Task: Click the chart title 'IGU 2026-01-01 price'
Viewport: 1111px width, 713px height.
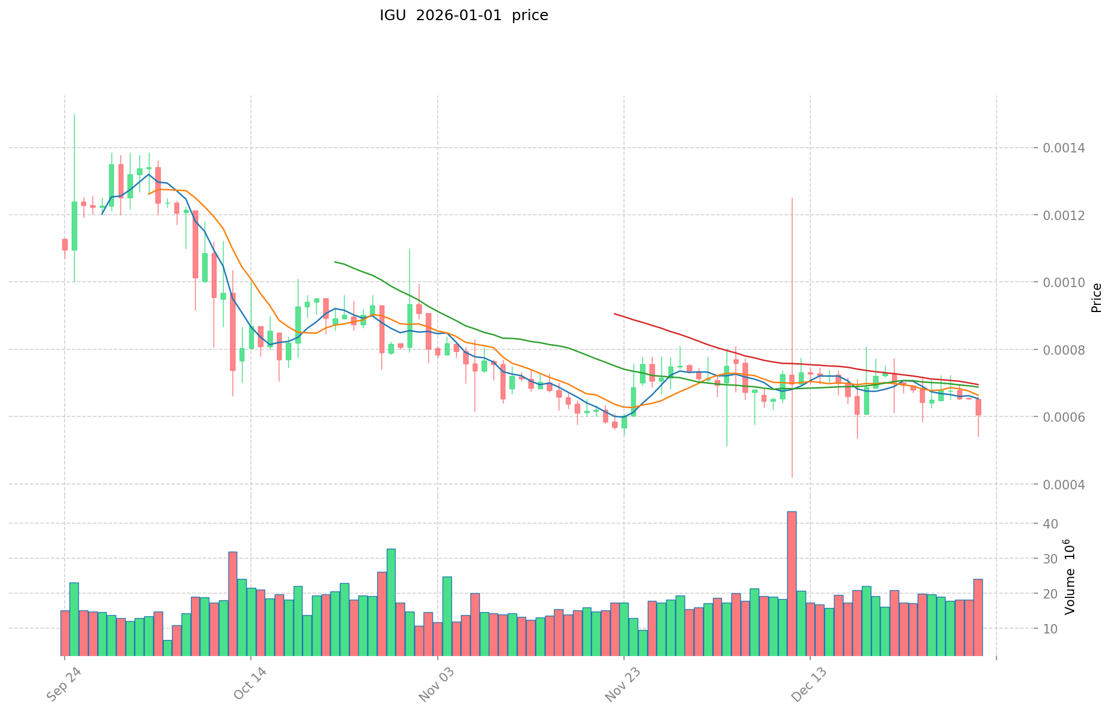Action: pos(464,15)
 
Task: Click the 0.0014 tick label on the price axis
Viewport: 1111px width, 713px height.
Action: pos(1068,148)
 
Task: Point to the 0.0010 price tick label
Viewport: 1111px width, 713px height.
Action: pos(1068,282)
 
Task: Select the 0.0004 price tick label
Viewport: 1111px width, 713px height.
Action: pos(1068,485)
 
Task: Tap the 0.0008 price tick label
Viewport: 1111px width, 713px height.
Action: pos(1068,350)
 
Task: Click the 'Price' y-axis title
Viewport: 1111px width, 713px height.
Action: pos(1096,298)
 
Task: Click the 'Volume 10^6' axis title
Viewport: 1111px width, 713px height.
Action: pos(1069,576)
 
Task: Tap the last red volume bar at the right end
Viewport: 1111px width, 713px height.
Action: pos(978,617)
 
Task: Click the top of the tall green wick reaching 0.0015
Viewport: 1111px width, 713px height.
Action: pos(74,114)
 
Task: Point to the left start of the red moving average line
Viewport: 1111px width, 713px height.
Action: pos(615,314)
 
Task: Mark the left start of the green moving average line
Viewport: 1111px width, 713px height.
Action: pos(335,262)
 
